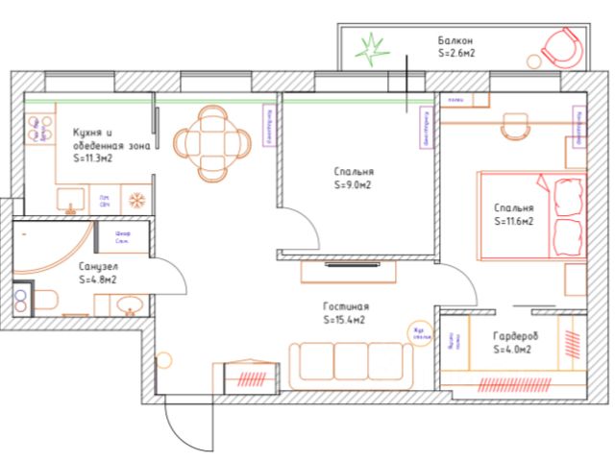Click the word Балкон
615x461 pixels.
(x=455, y=41)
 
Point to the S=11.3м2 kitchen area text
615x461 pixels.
(x=94, y=158)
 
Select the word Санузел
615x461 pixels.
(x=98, y=267)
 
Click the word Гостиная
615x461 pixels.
(x=343, y=306)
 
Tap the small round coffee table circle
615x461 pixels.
(x=418, y=330)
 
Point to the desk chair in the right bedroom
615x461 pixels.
(x=517, y=123)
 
